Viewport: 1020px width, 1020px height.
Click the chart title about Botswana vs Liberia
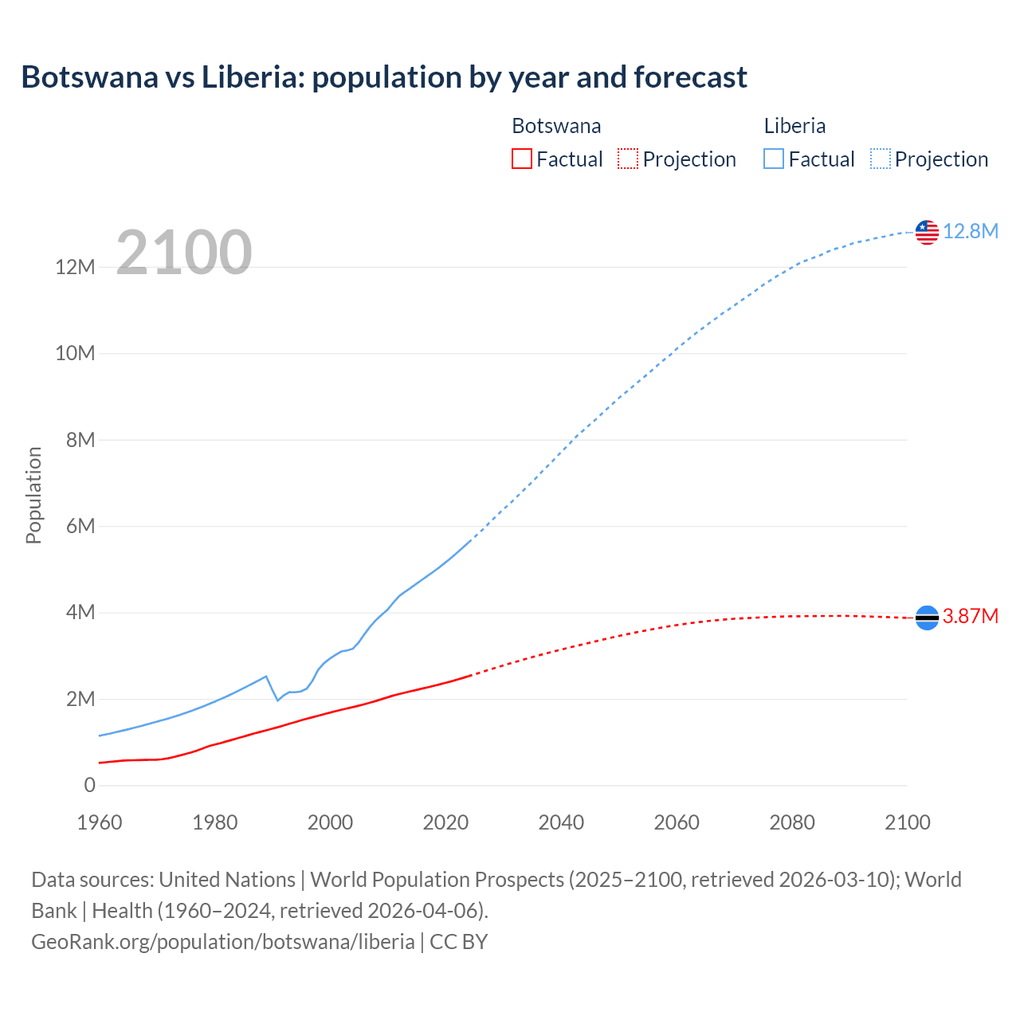[383, 77]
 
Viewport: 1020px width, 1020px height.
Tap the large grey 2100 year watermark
[184, 253]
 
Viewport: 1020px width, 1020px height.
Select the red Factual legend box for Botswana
[521, 159]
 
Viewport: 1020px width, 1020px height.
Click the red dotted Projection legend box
[628, 159]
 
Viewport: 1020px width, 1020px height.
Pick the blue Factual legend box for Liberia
[773, 159]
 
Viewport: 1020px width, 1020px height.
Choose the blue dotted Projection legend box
[880, 159]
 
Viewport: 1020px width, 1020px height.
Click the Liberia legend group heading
[794, 126]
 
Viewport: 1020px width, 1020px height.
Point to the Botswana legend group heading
[556, 126]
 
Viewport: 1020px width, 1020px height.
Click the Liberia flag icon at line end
[927, 232]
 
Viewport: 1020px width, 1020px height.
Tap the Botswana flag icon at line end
[927, 618]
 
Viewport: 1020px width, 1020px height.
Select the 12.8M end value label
[971, 231]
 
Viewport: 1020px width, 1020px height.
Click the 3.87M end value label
[971, 616]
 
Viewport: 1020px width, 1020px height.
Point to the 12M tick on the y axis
[75, 267]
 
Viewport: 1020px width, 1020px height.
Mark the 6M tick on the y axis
[80, 526]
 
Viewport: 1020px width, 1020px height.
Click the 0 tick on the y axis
[89, 785]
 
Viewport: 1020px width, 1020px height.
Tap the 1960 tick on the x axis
[100, 822]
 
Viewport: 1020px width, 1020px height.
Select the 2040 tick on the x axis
[561, 822]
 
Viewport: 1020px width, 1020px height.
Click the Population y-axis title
[33, 495]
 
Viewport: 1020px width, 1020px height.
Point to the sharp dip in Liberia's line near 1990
[277, 699]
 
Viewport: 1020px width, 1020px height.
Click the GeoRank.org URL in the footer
[222, 941]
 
